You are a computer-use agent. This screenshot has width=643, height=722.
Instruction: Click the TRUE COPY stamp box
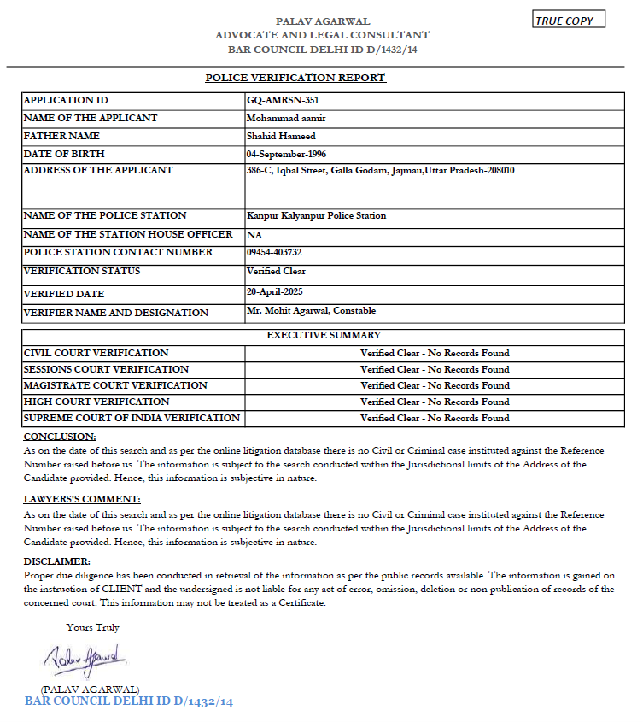coord(569,20)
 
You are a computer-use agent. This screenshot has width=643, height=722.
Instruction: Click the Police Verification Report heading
coord(295,78)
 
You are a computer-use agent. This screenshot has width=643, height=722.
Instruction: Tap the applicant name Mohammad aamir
coord(286,118)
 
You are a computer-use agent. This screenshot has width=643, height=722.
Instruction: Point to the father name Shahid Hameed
coord(281,136)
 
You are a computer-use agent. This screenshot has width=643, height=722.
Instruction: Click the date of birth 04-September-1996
coord(286,154)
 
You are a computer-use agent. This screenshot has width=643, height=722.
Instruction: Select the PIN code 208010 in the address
coord(497,170)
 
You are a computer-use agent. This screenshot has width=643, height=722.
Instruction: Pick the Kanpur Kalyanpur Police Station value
coord(316,215)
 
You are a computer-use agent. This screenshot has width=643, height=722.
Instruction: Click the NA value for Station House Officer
coord(254,234)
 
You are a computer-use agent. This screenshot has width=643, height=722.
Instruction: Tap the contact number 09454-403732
coord(274,252)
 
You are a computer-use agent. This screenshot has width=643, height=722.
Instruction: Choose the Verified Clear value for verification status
coord(276,271)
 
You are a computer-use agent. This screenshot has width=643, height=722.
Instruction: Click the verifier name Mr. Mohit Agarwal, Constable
coord(311,310)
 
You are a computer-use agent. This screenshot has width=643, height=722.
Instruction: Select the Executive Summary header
coord(324,335)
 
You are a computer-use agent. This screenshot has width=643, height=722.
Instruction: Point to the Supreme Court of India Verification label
coord(132,418)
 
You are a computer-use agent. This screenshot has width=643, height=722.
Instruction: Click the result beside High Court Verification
coord(435,402)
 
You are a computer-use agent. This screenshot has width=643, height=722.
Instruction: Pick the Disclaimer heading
coord(56,561)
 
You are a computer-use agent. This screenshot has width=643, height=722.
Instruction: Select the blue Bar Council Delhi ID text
coord(128,701)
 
